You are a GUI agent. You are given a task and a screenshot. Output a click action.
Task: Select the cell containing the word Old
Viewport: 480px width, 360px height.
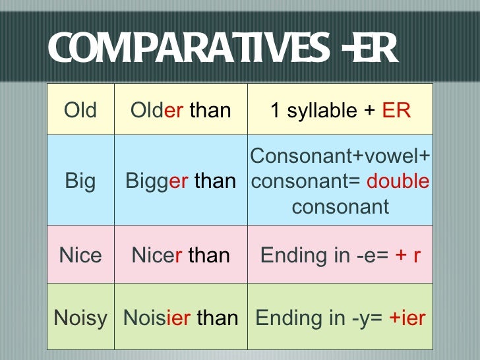[80, 110]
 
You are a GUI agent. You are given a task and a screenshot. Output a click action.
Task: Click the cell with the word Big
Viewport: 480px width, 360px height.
[80, 181]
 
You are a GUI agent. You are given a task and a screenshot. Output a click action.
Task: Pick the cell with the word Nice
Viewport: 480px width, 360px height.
[80, 255]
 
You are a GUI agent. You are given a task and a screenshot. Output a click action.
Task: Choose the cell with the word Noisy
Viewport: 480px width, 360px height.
[80, 318]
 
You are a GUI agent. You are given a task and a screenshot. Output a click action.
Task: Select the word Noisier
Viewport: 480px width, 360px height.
[157, 318]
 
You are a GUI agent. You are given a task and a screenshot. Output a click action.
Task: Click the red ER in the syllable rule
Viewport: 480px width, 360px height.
[396, 110]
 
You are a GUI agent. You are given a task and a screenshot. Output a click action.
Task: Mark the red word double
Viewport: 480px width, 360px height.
[398, 181]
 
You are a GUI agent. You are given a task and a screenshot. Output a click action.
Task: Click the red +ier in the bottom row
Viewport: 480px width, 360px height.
[407, 318]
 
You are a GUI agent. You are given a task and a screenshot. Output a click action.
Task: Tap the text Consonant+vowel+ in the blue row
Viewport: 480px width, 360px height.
[340, 156]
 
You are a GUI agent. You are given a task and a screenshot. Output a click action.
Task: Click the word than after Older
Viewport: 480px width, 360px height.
[210, 110]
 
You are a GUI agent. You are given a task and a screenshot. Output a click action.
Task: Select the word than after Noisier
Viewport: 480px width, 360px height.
[217, 318]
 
